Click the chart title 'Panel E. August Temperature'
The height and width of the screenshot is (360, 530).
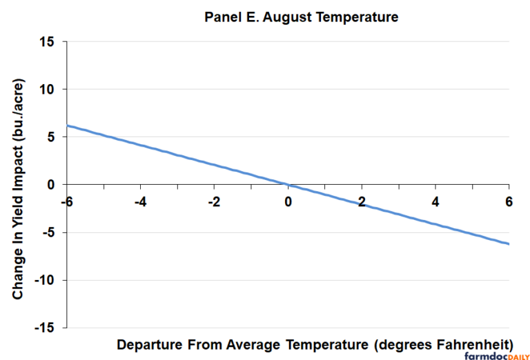[301, 17]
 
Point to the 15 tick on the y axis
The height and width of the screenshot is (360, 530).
[48, 41]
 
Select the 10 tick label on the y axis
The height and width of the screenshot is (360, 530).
[48, 89]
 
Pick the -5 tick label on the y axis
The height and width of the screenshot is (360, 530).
[49, 232]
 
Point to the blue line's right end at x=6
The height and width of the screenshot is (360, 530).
[509, 243]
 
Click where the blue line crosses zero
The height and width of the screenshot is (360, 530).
[288, 185]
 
